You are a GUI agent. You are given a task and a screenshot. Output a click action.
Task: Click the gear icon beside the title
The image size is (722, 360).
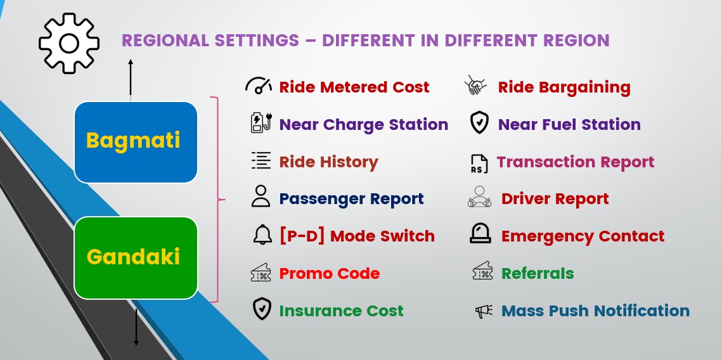tap(69, 43)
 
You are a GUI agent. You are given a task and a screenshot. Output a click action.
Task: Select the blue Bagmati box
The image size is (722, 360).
tap(136, 142)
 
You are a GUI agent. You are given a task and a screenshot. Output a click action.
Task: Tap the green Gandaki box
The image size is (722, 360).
tap(136, 258)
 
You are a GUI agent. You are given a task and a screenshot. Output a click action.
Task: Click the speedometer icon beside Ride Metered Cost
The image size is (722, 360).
tap(259, 86)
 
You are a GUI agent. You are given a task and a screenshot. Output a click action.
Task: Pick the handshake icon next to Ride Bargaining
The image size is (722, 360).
tap(475, 86)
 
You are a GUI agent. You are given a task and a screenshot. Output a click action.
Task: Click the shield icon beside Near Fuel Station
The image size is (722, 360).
tap(479, 123)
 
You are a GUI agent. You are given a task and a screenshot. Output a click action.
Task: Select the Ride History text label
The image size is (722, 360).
tap(329, 162)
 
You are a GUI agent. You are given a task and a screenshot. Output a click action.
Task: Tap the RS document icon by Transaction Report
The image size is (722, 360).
tap(479, 164)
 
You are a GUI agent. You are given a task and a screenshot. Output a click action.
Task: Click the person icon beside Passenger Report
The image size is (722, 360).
tap(261, 196)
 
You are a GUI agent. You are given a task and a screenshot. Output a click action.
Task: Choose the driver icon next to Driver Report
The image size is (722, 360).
tap(479, 196)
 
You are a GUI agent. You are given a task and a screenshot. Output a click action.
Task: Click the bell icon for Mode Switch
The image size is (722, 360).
tap(262, 235)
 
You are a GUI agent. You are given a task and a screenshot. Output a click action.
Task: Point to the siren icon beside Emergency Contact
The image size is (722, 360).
tap(480, 233)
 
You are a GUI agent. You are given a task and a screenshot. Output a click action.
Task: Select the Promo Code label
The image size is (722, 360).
tap(330, 273)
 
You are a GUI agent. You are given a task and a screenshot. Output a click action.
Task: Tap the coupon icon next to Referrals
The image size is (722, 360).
tap(482, 271)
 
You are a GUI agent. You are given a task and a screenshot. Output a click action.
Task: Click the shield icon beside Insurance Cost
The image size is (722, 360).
tap(262, 309)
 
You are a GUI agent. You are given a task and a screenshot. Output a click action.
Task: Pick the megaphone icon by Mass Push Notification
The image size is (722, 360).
tap(484, 311)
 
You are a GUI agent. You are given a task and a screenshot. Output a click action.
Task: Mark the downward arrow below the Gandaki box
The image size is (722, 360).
tap(136, 327)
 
